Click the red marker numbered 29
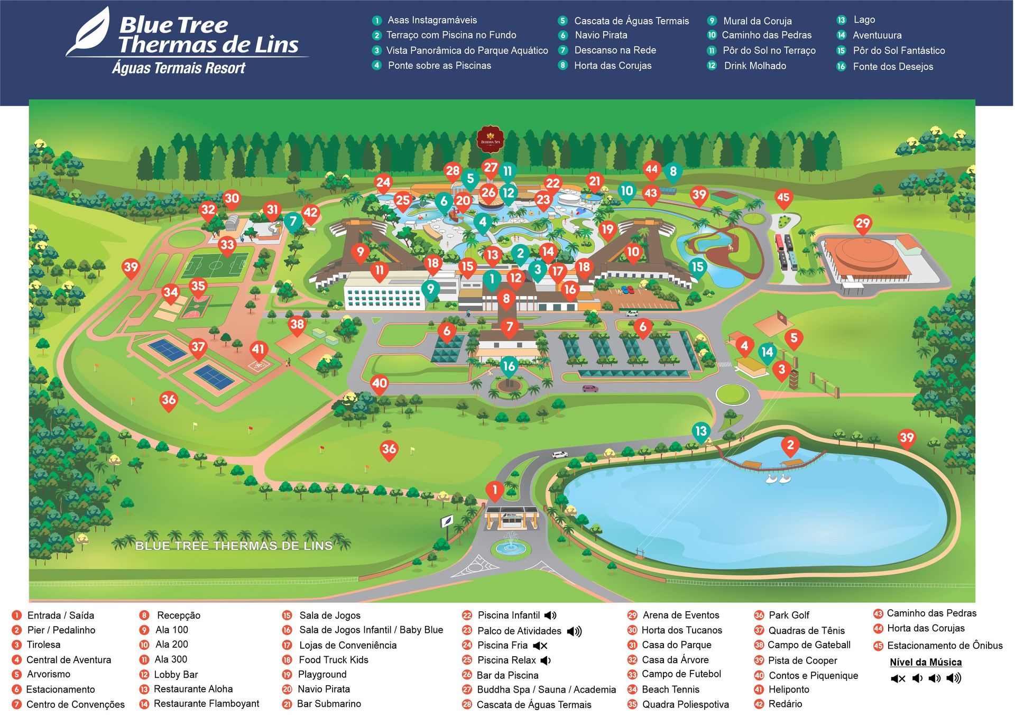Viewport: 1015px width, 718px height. coord(862,224)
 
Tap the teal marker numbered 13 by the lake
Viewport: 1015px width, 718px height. coord(700,431)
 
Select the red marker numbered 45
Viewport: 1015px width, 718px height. coord(783,198)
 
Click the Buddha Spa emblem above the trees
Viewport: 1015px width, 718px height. coord(490,139)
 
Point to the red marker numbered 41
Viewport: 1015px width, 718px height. coord(258,350)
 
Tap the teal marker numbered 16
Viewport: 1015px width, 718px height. coord(509,366)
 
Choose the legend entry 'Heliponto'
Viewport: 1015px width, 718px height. coord(789,689)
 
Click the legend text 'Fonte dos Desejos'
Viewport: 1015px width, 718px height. coord(893,67)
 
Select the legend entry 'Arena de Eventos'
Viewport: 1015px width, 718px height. coord(681,615)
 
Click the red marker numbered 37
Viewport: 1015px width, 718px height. coord(198,348)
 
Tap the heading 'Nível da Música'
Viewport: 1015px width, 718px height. coord(926,662)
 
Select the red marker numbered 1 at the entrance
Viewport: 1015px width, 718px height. coord(494,490)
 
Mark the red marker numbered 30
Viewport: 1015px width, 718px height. coord(232,199)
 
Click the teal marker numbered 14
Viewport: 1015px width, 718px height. coord(767,353)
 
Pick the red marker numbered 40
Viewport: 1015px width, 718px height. coord(380,384)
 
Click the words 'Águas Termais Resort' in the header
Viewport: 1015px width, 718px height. coord(179,68)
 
